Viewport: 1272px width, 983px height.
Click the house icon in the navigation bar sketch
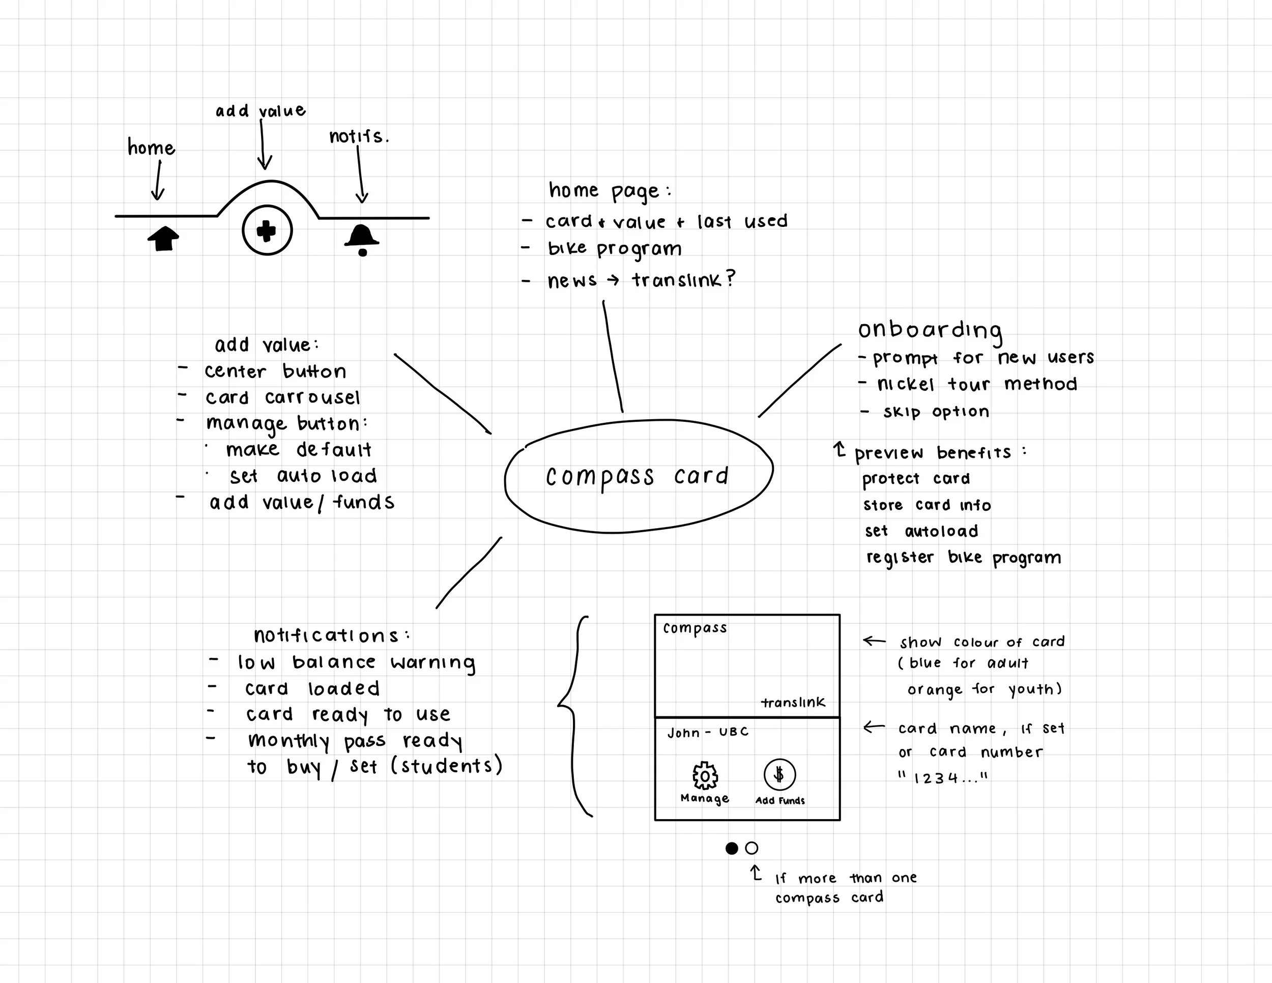point(163,238)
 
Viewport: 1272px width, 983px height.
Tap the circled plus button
point(267,230)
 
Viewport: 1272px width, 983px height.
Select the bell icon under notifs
point(362,239)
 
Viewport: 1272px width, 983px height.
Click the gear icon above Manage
point(705,776)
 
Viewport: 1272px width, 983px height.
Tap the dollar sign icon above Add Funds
point(779,774)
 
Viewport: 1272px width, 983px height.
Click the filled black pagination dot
point(732,849)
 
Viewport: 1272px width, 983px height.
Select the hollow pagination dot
point(752,849)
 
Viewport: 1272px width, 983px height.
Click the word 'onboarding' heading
point(930,330)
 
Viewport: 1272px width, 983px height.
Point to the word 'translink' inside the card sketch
point(793,703)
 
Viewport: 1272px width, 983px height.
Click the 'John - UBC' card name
point(708,733)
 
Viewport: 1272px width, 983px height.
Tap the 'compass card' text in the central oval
point(637,476)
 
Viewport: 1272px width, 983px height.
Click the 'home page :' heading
point(609,191)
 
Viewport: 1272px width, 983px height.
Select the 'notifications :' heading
point(331,635)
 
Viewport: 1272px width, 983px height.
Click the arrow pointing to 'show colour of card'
point(874,641)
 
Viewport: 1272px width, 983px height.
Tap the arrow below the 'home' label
point(158,181)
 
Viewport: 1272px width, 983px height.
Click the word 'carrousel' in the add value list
point(312,397)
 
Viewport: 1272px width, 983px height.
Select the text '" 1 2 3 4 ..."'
point(943,778)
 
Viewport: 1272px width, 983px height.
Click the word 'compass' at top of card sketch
point(695,628)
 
